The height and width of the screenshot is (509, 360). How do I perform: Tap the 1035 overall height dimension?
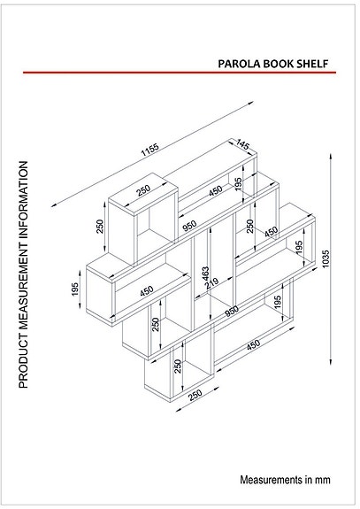coord(326,256)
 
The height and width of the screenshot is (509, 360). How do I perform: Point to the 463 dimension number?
coord(205,275)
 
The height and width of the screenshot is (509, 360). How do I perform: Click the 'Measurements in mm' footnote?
coord(285,480)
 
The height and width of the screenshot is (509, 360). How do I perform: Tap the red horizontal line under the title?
coord(177,73)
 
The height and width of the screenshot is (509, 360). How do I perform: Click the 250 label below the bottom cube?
coord(195,395)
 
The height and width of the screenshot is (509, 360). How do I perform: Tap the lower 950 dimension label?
coord(231,310)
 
